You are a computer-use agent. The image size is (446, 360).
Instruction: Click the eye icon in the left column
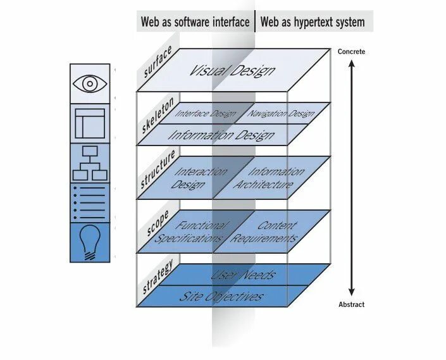[x=89, y=83]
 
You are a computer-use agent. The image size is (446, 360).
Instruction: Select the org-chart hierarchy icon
[x=89, y=163]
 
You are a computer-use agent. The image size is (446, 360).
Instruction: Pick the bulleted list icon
[x=89, y=202]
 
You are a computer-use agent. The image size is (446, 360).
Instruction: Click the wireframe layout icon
[x=89, y=123]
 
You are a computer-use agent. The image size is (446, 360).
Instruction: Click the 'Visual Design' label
[x=233, y=70]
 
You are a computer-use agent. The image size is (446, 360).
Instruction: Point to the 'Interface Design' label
[x=205, y=115]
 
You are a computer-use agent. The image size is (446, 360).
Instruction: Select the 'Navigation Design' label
[x=282, y=114]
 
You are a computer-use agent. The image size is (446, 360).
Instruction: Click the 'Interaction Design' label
[x=197, y=178]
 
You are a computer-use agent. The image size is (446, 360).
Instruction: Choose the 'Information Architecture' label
[x=265, y=178]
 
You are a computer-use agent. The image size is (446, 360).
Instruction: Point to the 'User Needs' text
[x=243, y=275]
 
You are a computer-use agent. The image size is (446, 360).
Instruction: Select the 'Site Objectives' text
[x=221, y=296]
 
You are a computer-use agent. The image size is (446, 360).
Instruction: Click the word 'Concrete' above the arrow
[x=352, y=52]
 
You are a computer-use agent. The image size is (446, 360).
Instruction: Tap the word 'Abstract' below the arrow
[x=351, y=304]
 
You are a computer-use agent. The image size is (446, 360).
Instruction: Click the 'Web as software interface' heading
[x=195, y=22]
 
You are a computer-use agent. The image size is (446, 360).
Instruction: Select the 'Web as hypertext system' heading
[x=313, y=22]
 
